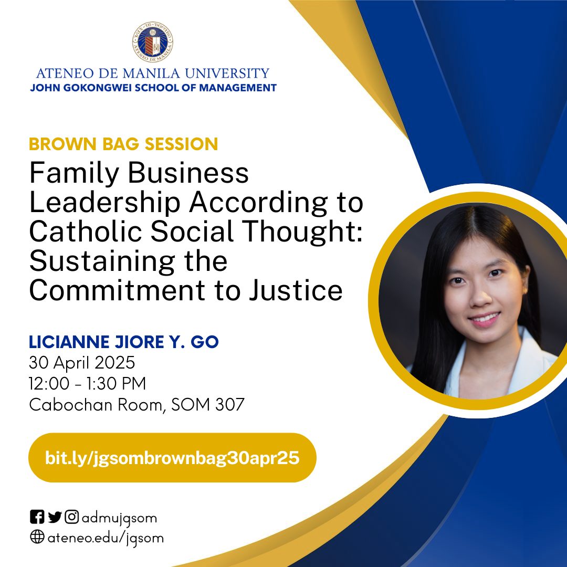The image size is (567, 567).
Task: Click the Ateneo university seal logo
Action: coord(153,41)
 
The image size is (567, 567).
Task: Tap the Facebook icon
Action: coord(37,517)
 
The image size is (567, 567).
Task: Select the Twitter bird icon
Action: coord(55,517)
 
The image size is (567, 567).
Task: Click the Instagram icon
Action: coord(71,517)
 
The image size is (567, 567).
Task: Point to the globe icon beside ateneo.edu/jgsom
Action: coord(37,537)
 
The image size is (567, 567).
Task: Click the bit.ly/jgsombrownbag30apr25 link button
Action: coord(172,457)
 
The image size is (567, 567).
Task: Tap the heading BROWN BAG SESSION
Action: coord(123,144)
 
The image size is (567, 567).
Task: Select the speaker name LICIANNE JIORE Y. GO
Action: coord(124,342)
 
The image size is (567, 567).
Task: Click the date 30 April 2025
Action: coord(82,363)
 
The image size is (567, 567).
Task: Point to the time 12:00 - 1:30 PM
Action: coord(88,384)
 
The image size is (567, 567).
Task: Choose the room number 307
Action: coord(230,405)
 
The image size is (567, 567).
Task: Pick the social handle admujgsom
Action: coord(119,519)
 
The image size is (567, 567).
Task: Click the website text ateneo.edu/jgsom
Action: coord(106,539)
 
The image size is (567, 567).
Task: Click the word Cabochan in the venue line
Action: coord(70,405)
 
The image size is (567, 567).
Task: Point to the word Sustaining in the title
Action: coord(102,262)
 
